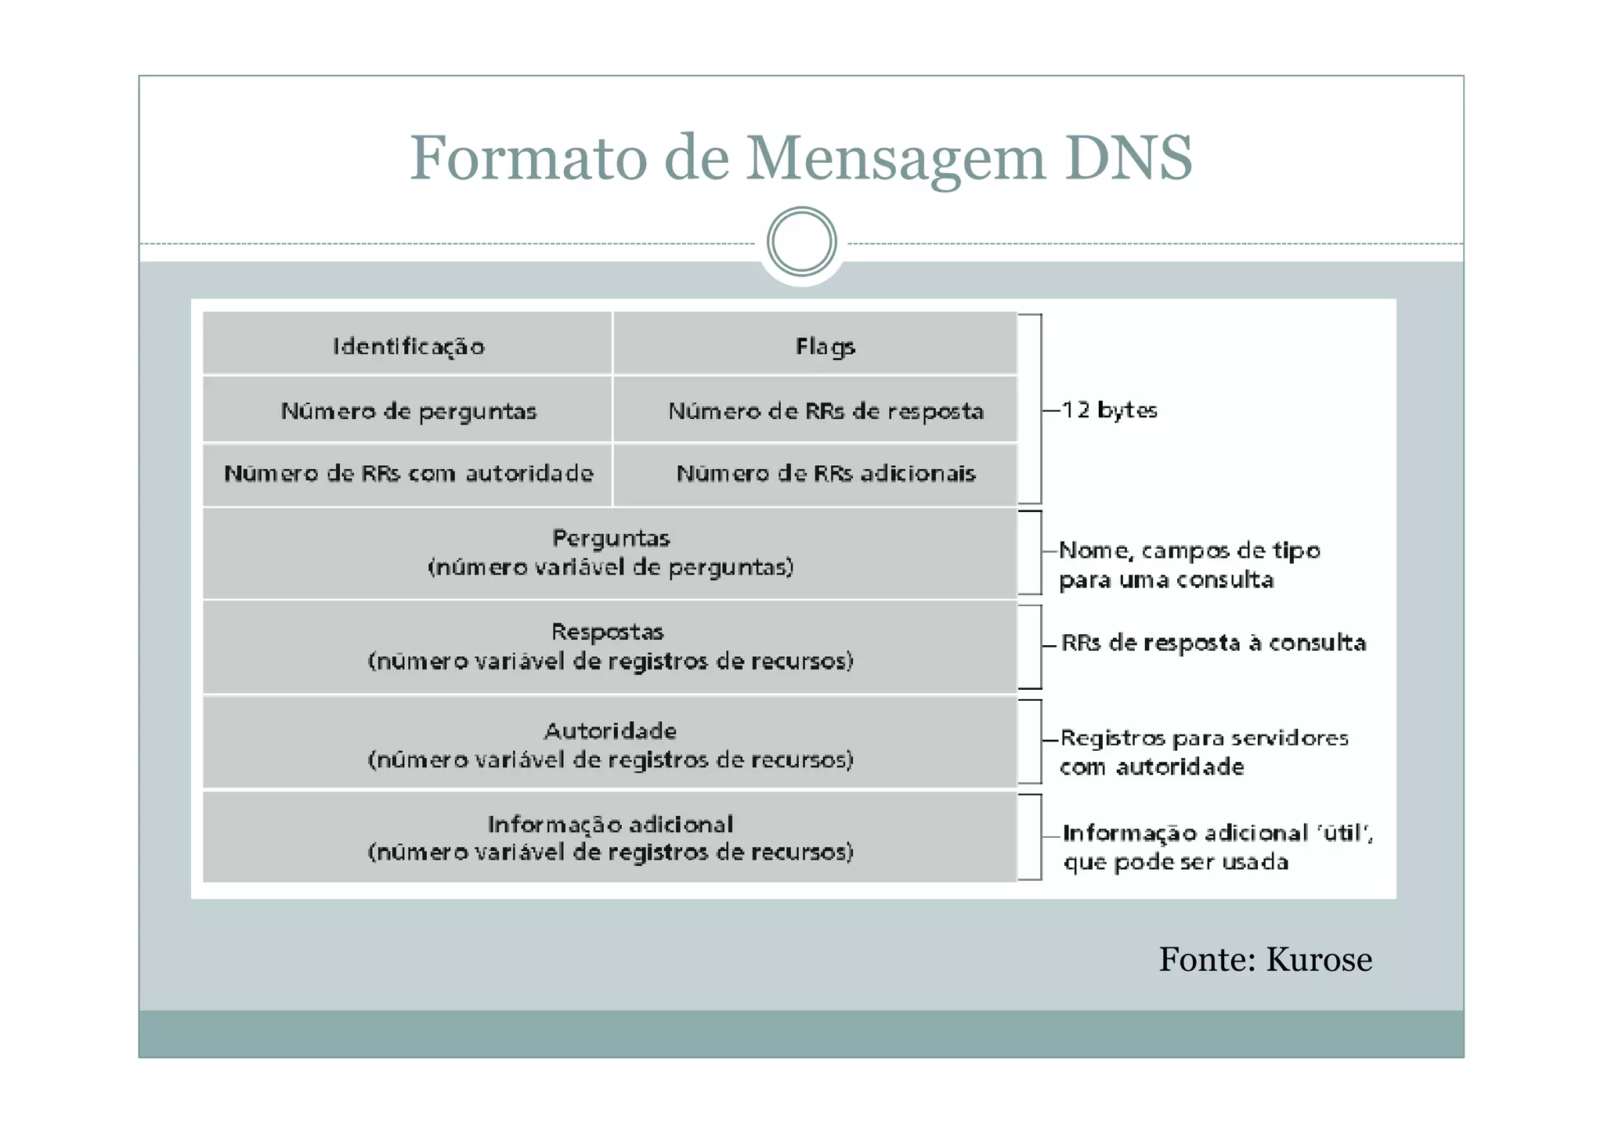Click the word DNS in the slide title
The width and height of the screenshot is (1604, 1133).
(x=1128, y=157)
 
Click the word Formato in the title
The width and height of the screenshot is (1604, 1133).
(x=529, y=157)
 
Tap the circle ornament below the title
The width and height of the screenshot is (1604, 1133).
(x=801, y=241)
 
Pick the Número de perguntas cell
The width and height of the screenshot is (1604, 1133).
(x=408, y=411)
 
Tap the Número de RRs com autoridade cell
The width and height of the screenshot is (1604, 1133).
(x=408, y=474)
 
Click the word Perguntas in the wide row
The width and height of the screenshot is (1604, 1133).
(x=610, y=538)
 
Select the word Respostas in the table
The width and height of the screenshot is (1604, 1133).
(x=607, y=632)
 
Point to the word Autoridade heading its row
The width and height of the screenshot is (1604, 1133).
(x=610, y=731)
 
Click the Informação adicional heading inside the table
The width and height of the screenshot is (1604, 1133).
(x=610, y=824)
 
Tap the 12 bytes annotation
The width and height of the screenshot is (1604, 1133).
(x=1108, y=410)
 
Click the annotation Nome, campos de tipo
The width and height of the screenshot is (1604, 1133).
(x=1189, y=550)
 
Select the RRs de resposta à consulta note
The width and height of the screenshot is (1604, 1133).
(x=1213, y=643)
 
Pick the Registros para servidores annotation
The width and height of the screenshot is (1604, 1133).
(x=1204, y=738)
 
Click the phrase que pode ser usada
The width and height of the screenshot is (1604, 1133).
(x=1175, y=862)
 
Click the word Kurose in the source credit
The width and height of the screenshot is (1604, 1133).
(x=1319, y=959)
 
